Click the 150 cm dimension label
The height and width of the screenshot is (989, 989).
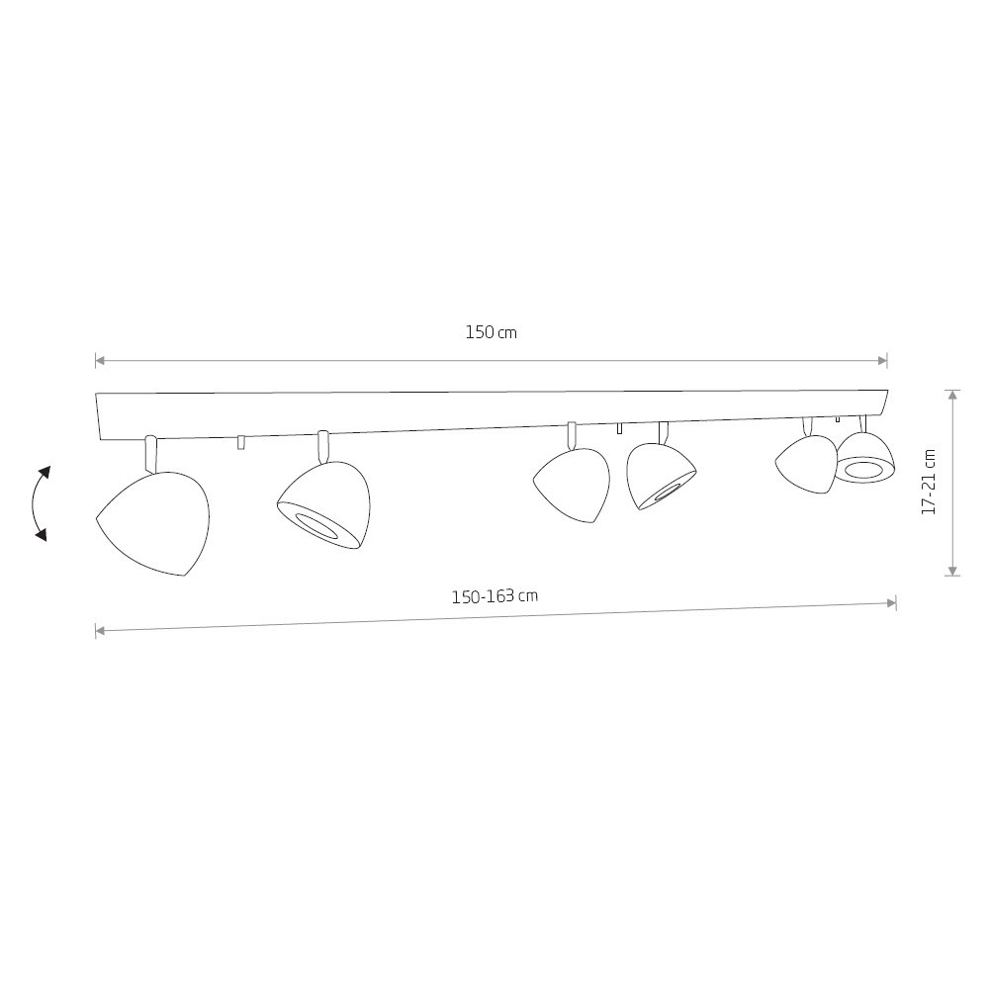point(491,332)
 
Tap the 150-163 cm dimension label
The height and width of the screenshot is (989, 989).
point(494,596)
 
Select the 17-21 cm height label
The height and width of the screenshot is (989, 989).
point(928,482)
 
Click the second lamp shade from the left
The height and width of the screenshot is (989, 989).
point(324,505)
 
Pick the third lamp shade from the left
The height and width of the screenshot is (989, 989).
point(572,485)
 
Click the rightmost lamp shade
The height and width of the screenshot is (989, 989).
point(864,458)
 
